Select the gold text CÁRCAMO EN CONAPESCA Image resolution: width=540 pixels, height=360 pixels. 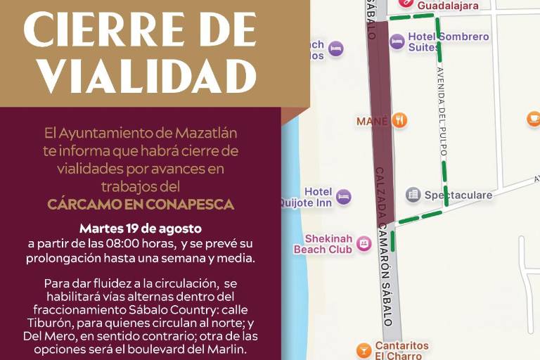point(141,204)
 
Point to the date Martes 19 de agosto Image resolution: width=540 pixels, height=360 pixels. point(141,229)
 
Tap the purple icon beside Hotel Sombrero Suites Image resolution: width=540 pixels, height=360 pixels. point(397,41)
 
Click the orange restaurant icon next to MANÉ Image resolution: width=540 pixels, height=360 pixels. point(399,120)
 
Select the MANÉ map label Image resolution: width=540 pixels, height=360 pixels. point(372,121)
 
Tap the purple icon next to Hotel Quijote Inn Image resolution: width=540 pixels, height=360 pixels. point(343,197)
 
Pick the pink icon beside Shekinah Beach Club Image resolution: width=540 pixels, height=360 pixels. point(364,243)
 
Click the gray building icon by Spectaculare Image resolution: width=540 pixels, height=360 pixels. point(413,194)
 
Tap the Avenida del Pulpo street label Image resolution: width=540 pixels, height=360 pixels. point(442,112)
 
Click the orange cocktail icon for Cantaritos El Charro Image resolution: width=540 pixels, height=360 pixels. point(364,349)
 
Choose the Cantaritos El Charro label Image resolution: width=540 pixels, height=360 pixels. point(401,350)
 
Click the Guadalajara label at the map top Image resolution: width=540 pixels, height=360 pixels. point(447,6)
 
